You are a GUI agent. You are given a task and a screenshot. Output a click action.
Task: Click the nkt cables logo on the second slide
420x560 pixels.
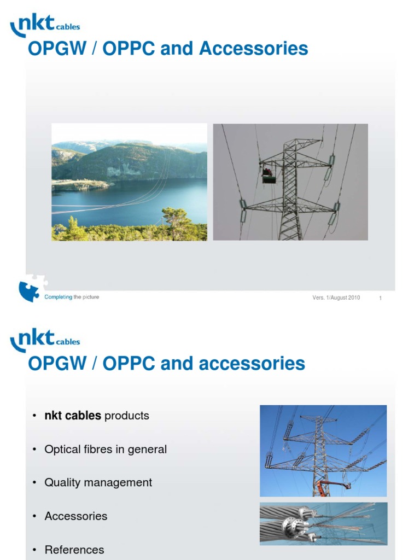tap(45, 340)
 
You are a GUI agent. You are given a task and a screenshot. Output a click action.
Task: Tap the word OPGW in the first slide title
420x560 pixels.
tap(55, 49)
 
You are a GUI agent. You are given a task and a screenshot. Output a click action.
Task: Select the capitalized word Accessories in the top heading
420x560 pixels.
tap(253, 49)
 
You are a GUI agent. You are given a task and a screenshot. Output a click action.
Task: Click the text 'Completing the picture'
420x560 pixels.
tap(72, 297)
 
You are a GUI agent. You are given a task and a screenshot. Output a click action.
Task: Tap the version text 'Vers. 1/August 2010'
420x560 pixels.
tap(336, 298)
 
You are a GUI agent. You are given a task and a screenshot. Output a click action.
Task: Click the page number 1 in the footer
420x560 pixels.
tap(380, 298)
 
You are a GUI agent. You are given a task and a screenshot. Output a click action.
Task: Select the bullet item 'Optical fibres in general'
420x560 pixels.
tap(106, 450)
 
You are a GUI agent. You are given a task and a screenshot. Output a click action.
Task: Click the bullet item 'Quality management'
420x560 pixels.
tap(98, 483)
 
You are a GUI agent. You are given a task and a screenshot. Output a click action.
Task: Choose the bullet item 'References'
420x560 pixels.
tap(74, 550)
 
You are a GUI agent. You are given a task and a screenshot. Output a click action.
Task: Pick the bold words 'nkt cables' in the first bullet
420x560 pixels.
tap(73, 416)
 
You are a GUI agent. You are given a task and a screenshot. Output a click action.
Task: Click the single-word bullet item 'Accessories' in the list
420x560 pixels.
tap(76, 516)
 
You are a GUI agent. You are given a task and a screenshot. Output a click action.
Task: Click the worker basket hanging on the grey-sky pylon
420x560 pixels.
tap(268, 175)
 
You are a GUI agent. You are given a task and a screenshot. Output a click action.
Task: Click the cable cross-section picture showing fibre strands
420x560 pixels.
tap(323, 524)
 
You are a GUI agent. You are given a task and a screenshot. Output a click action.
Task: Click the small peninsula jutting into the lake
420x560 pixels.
tap(79, 185)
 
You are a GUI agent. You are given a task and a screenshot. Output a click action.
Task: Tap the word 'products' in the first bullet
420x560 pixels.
tap(126, 416)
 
